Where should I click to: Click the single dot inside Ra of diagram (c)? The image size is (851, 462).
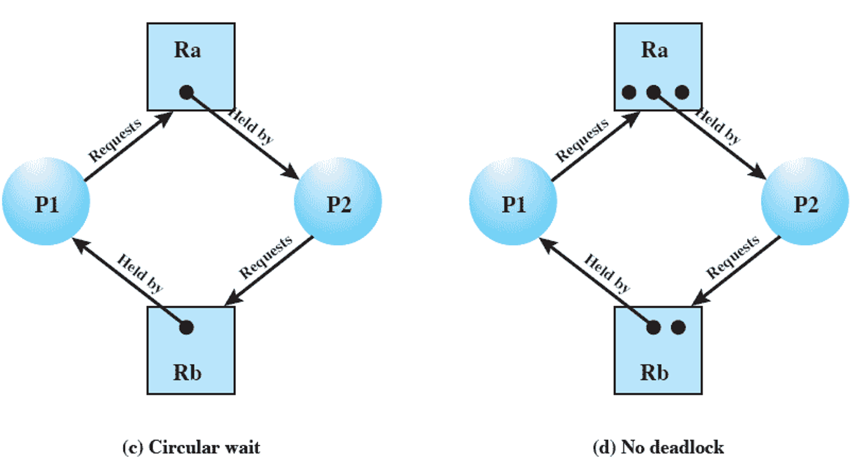click(186, 92)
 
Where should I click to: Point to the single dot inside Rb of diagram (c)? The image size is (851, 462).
click(186, 327)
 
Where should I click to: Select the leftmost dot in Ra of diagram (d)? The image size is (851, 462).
click(628, 92)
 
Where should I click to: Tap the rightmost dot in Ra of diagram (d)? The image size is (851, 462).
click(682, 92)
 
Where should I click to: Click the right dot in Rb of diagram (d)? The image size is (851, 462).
click(679, 327)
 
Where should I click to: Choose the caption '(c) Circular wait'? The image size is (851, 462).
click(190, 447)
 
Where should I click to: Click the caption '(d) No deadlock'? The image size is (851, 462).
click(658, 447)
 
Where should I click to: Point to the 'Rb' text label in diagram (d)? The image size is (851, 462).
click(654, 373)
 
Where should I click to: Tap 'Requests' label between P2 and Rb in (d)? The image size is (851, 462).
click(734, 257)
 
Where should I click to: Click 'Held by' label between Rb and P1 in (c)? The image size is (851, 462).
click(140, 273)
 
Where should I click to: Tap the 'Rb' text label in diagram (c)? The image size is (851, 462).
click(187, 373)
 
